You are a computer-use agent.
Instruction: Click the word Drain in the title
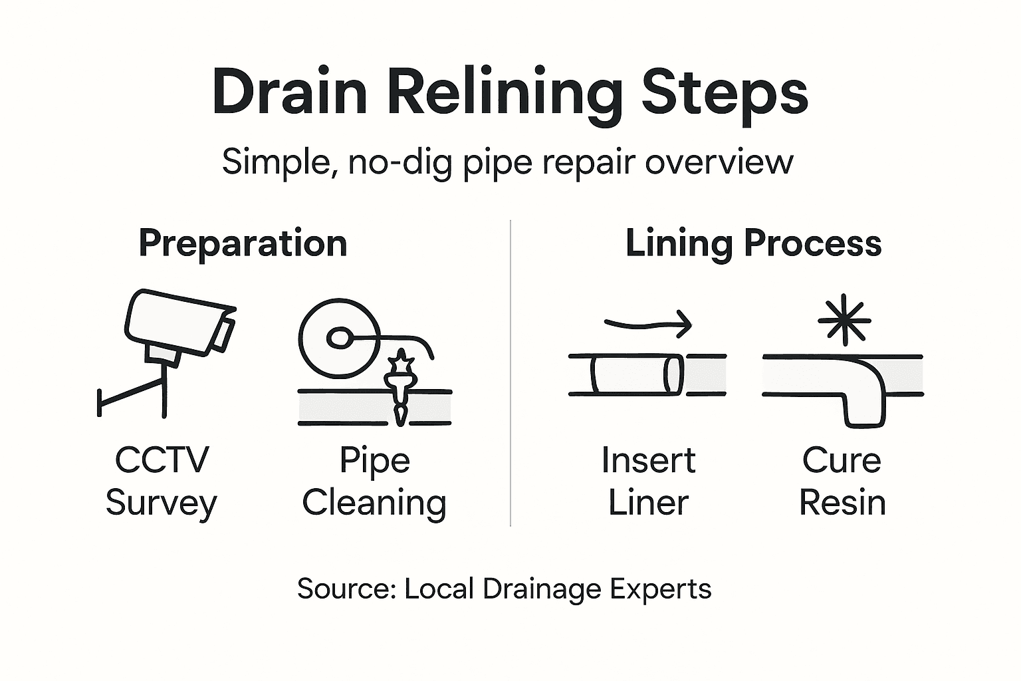pyautogui.click(x=290, y=94)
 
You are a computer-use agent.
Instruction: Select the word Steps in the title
pyautogui.click(x=724, y=94)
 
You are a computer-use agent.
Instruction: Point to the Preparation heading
pyautogui.click(x=243, y=243)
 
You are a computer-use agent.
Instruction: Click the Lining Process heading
pyautogui.click(x=753, y=243)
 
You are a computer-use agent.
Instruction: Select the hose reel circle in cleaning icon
pyautogui.click(x=338, y=338)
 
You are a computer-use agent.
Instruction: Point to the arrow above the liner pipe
pyautogui.click(x=648, y=325)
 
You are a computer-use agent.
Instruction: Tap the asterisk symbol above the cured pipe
pyautogui.click(x=844, y=320)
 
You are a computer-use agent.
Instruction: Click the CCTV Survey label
pyautogui.click(x=162, y=481)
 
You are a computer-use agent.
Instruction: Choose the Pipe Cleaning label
pyautogui.click(x=374, y=481)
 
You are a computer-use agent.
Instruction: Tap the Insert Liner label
pyautogui.click(x=648, y=481)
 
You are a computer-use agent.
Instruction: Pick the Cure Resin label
pyautogui.click(x=842, y=481)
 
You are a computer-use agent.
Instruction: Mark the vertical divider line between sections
pyautogui.click(x=510, y=372)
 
